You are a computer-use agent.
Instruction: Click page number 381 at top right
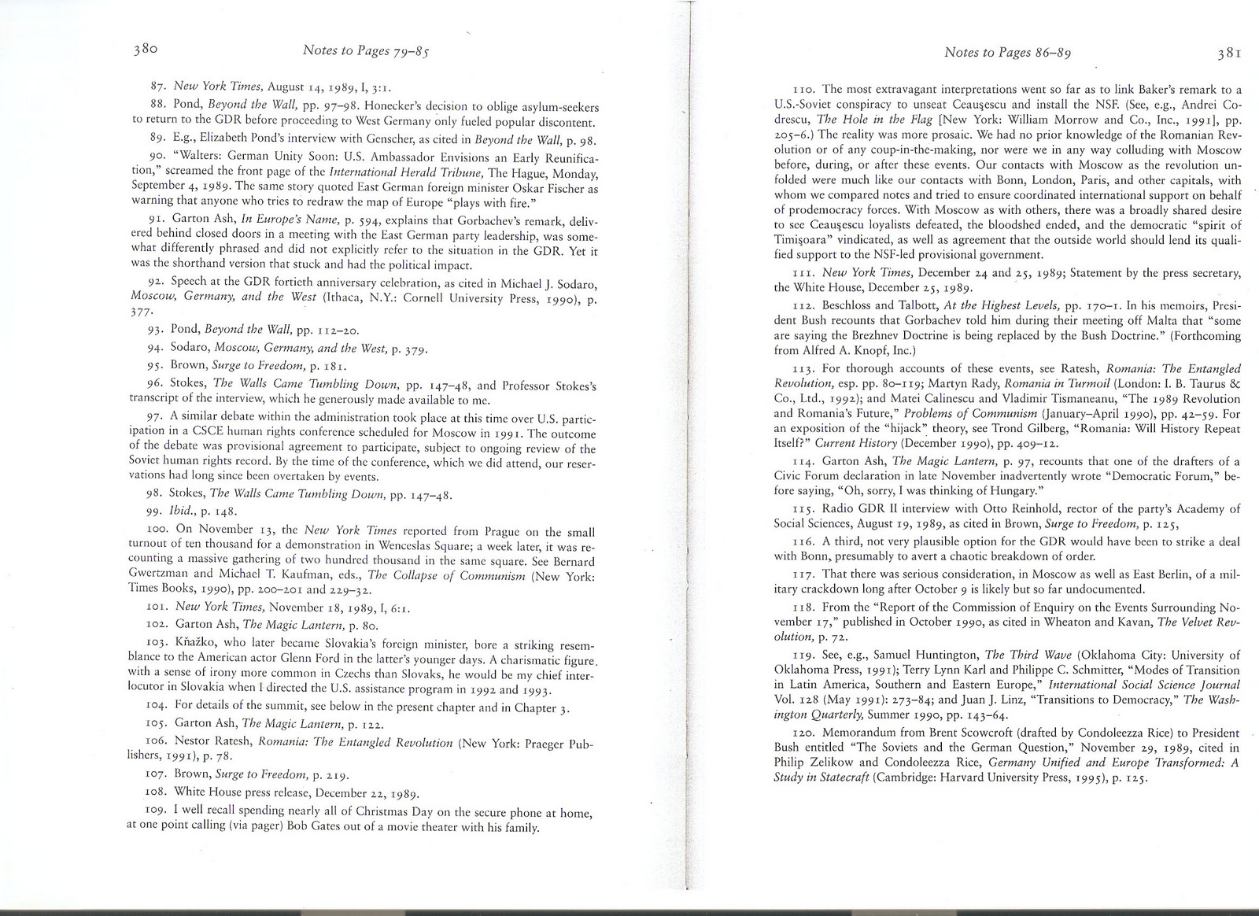(1228, 54)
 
